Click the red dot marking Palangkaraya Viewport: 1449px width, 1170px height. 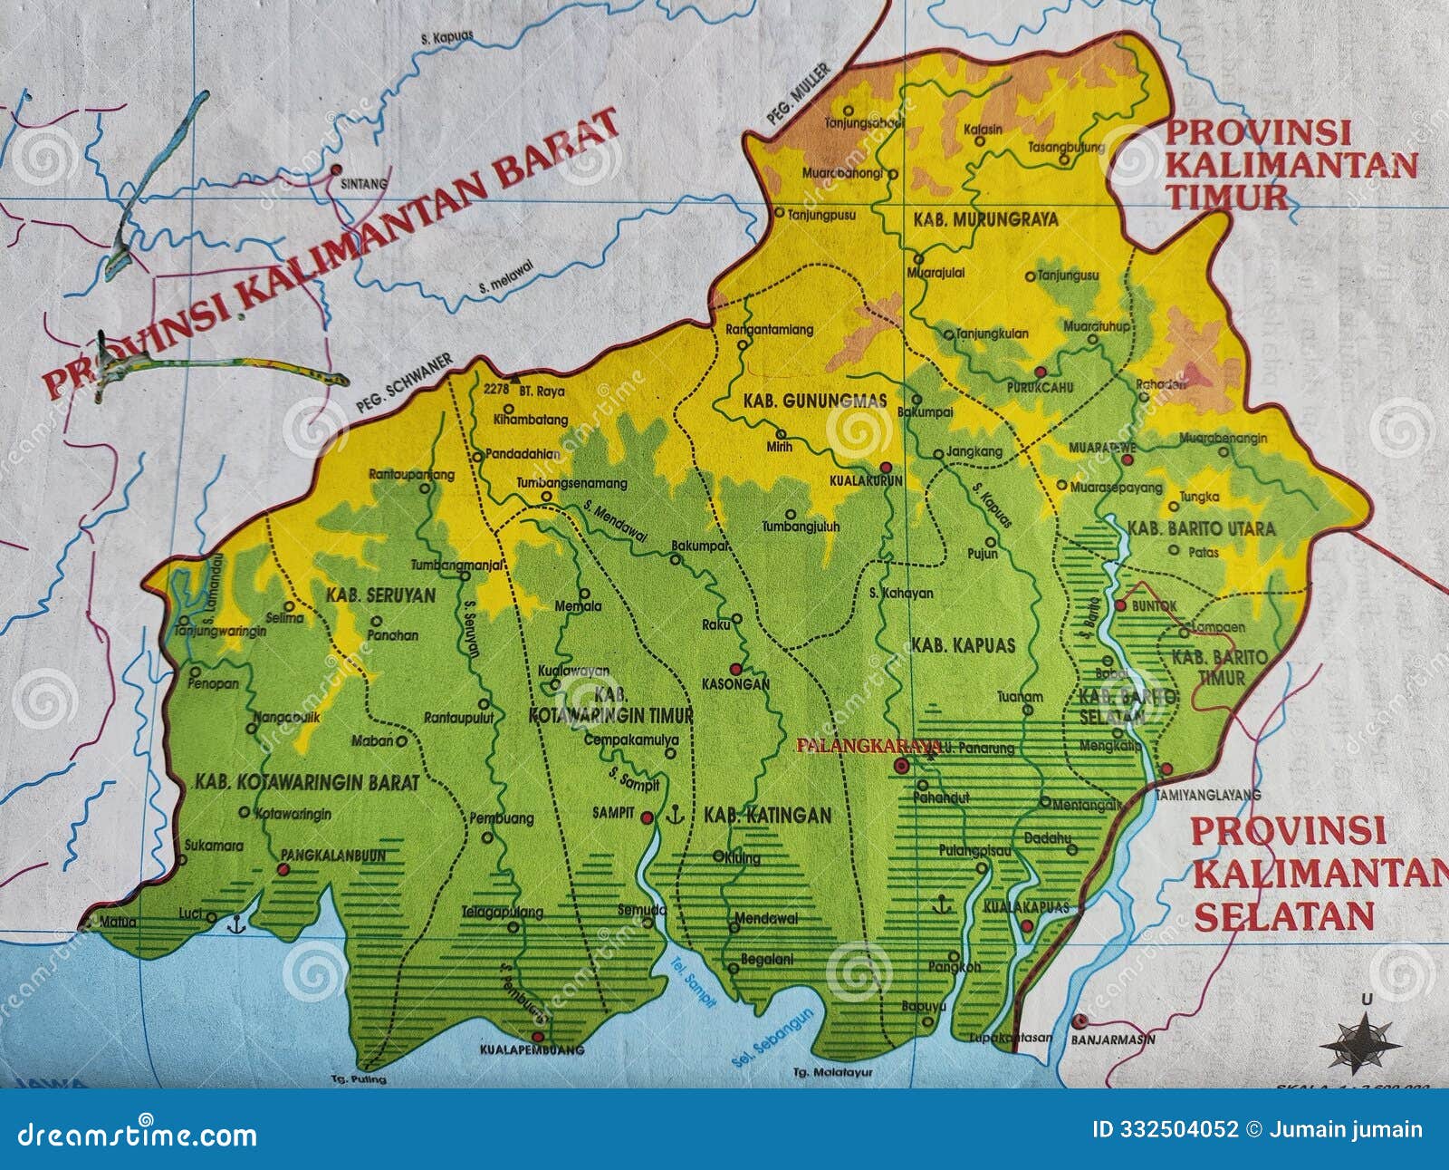click(900, 767)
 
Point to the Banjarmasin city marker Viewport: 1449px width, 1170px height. click(1078, 1020)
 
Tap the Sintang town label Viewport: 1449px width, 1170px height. click(361, 183)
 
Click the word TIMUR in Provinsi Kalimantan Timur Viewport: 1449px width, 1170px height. click(1227, 196)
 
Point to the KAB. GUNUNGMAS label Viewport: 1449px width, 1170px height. click(801, 400)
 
